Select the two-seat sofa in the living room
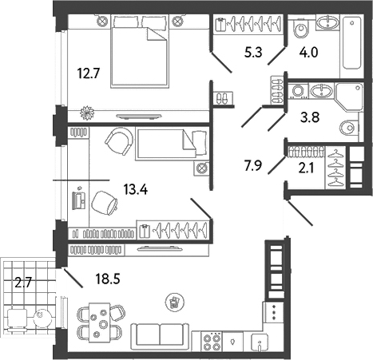tap(161, 336)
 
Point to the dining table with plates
tap(99, 322)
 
